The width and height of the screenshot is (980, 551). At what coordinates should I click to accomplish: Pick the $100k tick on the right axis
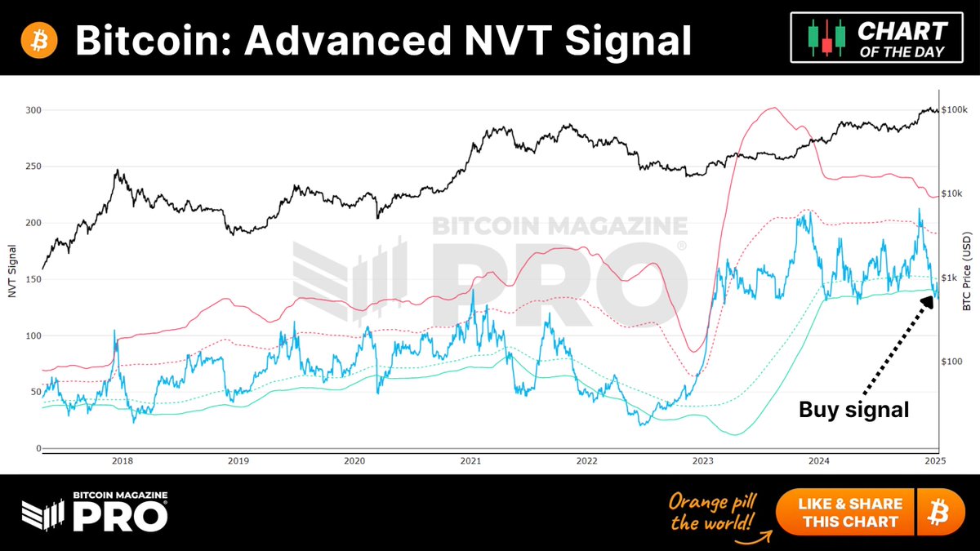(x=954, y=110)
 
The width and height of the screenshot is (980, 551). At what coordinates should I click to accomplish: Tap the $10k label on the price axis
(x=952, y=194)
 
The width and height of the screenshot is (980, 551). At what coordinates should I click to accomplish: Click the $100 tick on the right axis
(x=952, y=362)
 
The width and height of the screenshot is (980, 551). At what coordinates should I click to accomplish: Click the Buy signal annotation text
(x=853, y=410)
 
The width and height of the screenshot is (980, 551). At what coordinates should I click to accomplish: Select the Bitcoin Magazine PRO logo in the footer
(x=94, y=512)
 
